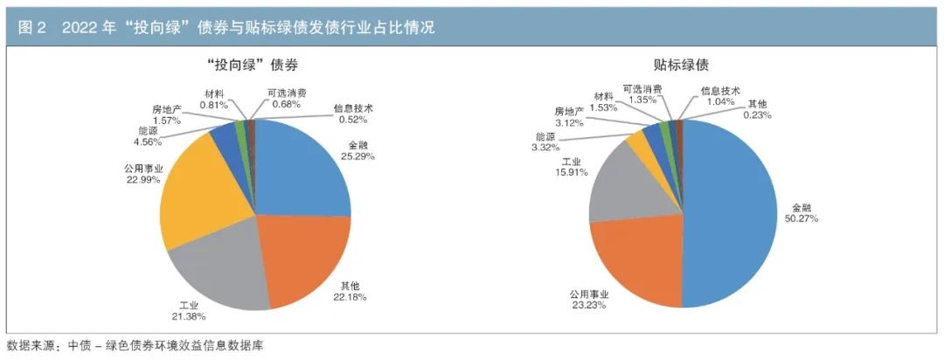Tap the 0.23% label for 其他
pyautogui.click(x=756, y=114)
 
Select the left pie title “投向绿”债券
pyautogui.click(x=254, y=64)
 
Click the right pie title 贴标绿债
pyautogui.click(x=681, y=64)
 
